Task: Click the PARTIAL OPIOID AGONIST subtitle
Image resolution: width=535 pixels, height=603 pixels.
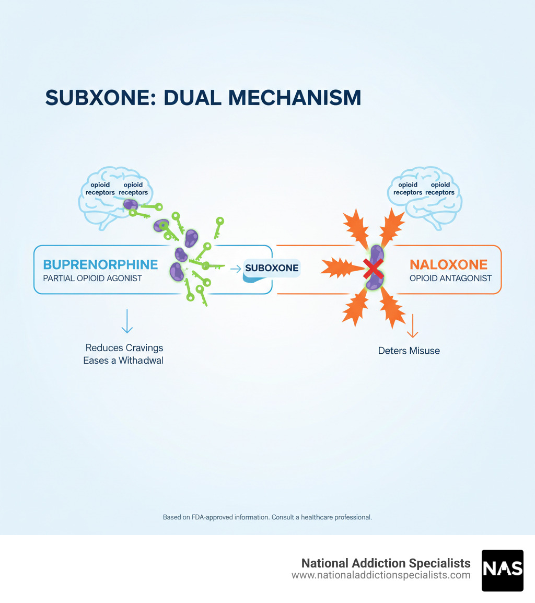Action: coord(92,278)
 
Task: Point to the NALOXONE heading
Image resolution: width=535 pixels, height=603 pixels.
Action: coord(448,264)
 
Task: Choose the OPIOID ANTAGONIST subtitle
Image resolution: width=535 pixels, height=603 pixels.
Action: coord(450,278)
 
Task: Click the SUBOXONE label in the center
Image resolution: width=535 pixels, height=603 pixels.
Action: coord(271,268)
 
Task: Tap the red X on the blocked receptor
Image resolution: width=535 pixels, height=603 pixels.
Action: coord(373,269)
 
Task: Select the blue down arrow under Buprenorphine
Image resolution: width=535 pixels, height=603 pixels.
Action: coord(127,321)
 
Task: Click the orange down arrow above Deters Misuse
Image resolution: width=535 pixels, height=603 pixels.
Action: coord(412,326)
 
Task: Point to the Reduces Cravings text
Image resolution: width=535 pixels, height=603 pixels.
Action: coord(124,347)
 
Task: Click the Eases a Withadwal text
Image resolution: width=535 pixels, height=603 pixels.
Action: coord(123,360)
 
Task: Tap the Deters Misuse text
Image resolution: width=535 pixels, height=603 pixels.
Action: coord(409,351)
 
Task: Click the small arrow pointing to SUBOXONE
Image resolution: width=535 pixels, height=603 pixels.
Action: coord(236,269)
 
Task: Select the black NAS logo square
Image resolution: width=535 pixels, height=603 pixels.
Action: coord(502,570)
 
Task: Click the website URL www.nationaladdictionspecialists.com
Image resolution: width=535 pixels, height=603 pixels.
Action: coord(381,575)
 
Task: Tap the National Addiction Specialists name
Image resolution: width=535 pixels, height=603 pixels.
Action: coord(386,563)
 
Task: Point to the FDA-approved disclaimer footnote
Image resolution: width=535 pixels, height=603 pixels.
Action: coord(267,517)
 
